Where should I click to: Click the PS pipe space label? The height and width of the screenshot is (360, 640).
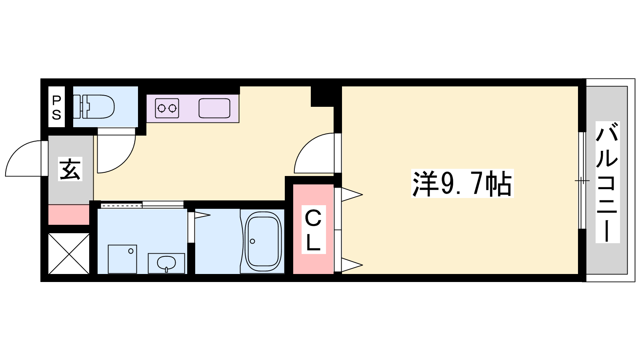[x=56, y=108]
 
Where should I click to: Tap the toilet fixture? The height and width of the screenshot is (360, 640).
[x=94, y=107]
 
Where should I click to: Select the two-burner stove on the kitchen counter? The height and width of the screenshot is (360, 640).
[x=167, y=108]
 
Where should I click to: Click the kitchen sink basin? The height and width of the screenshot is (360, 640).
[x=214, y=108]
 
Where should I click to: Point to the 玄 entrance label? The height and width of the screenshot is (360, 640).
[x=70, y=169]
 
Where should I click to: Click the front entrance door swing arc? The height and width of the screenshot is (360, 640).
[x=17, y=152]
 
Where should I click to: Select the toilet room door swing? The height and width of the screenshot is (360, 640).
[x=123, y=160]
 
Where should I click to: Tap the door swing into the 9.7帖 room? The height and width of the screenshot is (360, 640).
[x=306, y=146]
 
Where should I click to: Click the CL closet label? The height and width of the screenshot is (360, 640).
[x=314, y=230]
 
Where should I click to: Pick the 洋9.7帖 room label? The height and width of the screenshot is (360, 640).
[x=462, y=183]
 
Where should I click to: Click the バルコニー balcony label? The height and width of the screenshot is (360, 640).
[x=608, y=182]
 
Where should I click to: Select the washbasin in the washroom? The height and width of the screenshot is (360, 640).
[x=166, y=263]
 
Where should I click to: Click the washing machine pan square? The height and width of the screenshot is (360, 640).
[x=122, y=259]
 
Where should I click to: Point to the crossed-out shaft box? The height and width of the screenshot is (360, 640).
[x=69, y=254]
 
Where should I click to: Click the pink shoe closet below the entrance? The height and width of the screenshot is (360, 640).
[x=69, y=215]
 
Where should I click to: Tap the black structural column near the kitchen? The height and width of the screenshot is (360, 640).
[x=322, y=96]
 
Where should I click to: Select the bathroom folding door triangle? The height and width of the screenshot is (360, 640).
[x=202, y=215]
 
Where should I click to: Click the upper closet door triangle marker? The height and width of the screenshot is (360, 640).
[x=352, y=194]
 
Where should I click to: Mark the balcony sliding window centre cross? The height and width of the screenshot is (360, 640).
[x=582, y=180]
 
